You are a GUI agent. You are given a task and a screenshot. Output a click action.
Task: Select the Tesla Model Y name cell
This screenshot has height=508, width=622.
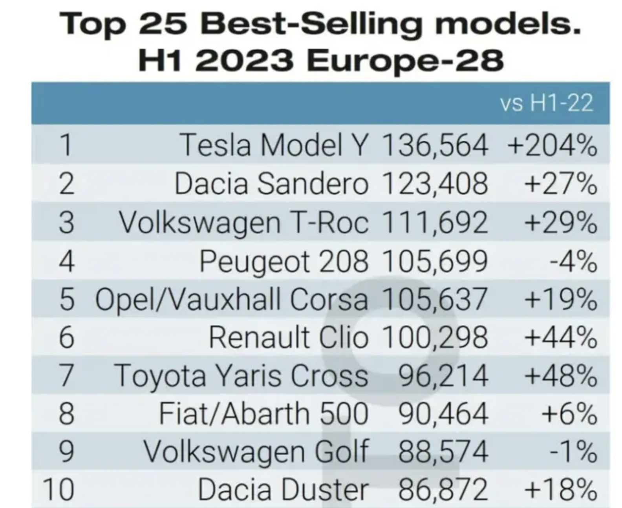(274, 145)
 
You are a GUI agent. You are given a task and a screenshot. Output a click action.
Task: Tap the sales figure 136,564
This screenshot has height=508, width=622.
(435, 145)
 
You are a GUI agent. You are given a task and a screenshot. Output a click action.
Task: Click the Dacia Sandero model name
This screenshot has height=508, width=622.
(271, 184)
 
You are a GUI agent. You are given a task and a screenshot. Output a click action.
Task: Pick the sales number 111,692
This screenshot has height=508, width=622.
(435, 222)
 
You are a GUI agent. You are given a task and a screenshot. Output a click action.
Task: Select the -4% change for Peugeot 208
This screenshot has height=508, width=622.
(573, 261)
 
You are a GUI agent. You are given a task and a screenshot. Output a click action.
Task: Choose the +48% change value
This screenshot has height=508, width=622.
(561, 375)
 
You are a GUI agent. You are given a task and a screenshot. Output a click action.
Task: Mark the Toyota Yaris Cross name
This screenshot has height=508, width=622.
(241, 375)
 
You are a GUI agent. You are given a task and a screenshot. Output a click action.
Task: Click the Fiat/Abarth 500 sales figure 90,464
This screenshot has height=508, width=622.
(443, 414)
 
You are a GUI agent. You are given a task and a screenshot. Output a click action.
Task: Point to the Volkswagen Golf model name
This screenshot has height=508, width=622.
(256, 451)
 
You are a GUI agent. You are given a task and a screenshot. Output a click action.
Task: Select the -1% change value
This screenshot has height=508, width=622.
(573, 451)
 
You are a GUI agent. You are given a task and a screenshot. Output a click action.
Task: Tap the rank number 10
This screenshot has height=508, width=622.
(59, 490)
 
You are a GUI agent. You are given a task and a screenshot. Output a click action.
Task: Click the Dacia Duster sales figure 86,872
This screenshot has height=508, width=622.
(443, 490)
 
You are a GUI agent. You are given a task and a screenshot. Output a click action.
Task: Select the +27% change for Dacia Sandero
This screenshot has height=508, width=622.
(561, 184)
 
